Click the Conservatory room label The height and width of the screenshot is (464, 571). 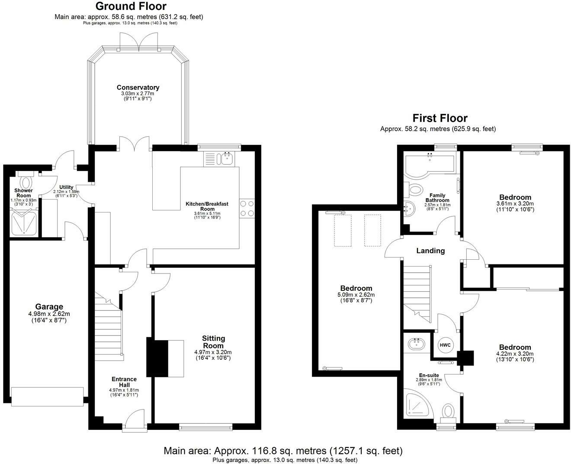[x=138, y=87]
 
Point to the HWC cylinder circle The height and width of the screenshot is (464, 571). [x=445, y=345]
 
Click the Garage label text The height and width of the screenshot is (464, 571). [x=49, y=307]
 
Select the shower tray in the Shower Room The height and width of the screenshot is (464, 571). [x=23, y=222]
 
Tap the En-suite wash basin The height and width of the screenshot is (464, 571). [x=416, y=344]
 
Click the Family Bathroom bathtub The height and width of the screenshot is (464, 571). [x=428, y=164]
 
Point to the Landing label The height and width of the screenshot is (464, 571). [x=430, y=251]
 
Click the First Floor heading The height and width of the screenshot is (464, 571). [x=439, y=118]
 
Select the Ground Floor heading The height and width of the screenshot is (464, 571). [x=131, y=6]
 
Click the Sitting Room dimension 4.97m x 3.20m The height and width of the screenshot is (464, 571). [x=213, y=352]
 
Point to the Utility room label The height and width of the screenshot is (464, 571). [x=66, y=187]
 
